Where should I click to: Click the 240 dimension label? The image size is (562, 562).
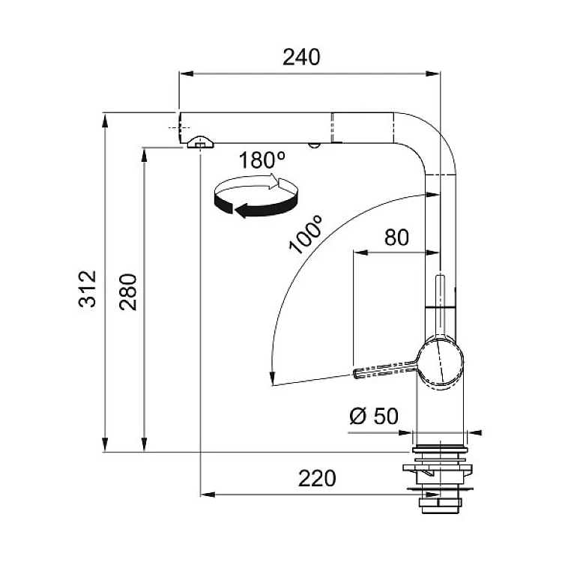301,58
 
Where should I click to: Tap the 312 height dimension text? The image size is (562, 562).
88,289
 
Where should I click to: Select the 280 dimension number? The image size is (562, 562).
128,291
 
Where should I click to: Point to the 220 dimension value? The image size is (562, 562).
317,479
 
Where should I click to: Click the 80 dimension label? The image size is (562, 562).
396,238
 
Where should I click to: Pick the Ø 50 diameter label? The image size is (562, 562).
374,416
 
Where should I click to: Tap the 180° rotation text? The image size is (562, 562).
262,160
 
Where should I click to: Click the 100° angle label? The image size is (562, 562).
306,235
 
